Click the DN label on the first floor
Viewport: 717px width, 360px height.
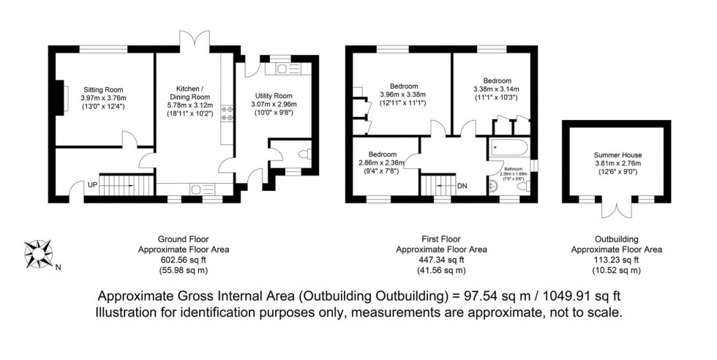click(x=462, y=186)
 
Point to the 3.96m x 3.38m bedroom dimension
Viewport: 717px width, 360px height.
click(x=402, y=94)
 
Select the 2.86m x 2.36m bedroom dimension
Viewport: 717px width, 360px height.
click(x=382, y=163)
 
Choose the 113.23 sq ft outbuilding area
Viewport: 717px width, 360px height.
click(x=616, y=260)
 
